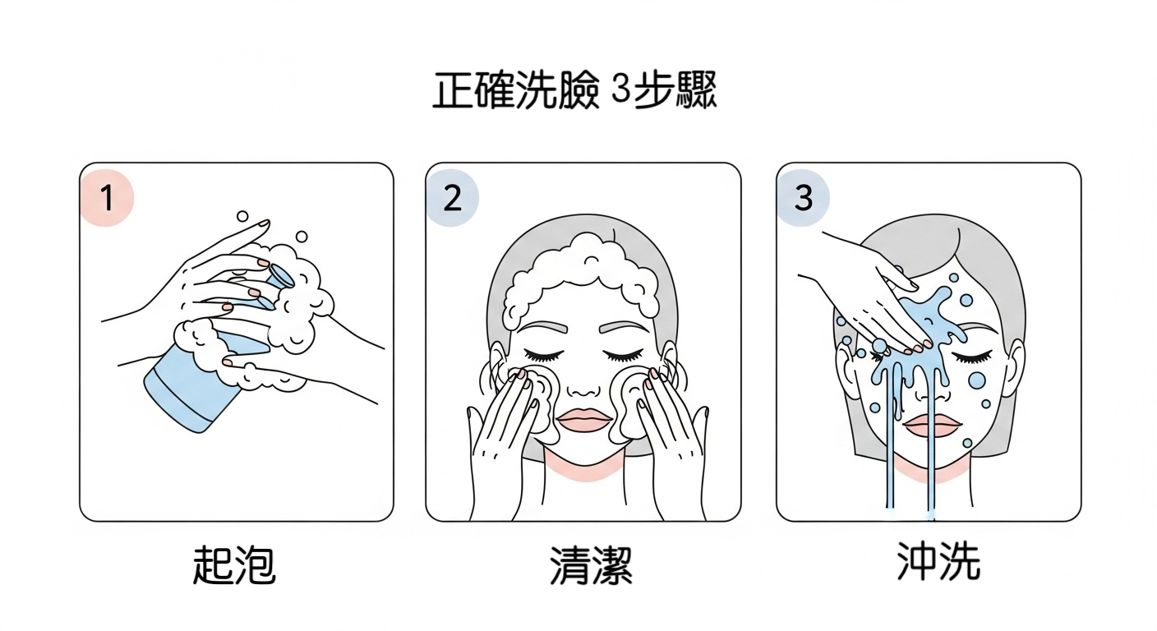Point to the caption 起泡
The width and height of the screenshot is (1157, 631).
point(234,565)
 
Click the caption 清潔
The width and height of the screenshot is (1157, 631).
point(591,565)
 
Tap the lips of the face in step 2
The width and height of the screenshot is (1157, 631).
point(584,420)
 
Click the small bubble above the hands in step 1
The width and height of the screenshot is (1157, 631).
point(242,216)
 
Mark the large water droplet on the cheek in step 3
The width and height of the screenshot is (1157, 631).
point(977,380)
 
